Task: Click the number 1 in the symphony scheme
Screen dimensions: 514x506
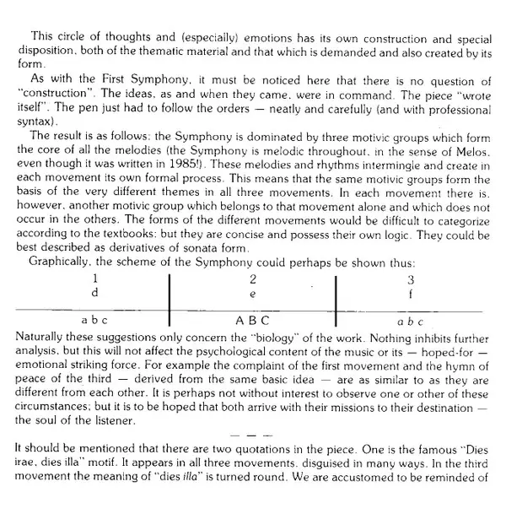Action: tap(95, 278)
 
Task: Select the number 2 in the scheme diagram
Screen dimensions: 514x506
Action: tap(253, 278)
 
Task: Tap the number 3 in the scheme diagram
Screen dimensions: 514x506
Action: tap(411, 278)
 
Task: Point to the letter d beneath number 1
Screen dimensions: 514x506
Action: tap(95, 291)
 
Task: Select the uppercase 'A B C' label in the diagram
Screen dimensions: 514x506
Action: tap(253, 321)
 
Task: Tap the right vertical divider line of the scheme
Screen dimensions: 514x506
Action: tap(336, 299)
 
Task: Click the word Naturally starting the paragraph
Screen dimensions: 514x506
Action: tap(41, 336)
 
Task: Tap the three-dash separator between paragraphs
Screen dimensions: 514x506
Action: tap(252, 433)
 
